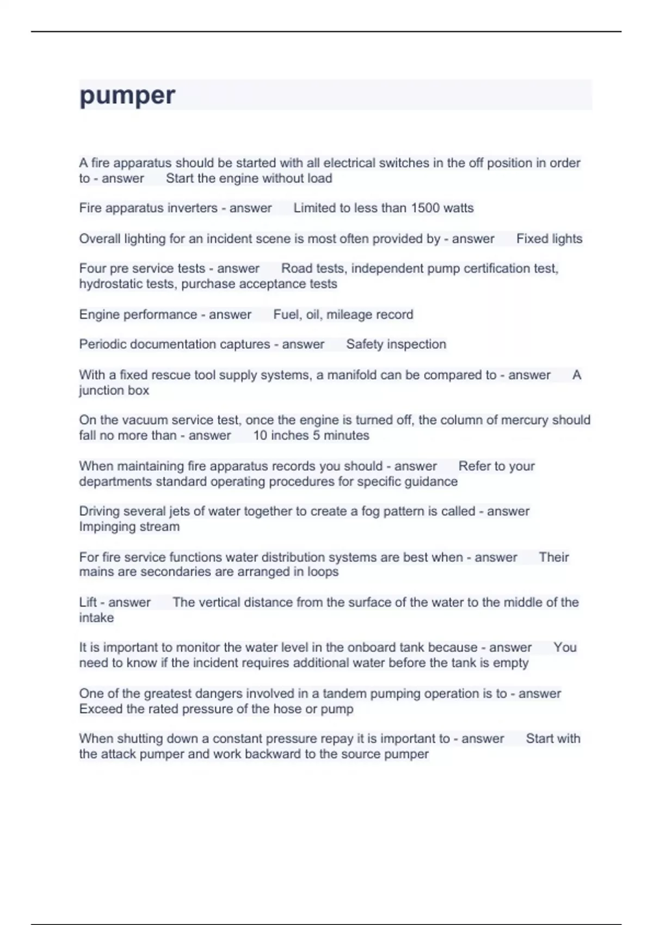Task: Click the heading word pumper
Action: pyautogui.click(x=127, y=96)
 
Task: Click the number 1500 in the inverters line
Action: pyautogui.click(x=425, y=208)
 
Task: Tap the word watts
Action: pyautogui.click(x=459, y=208)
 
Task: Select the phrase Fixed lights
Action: pyautogui.click(x=549, y=239)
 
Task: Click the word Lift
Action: pyautogui.click(x=88, y=602)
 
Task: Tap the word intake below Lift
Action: pyautogui.click(x=96, y=618)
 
